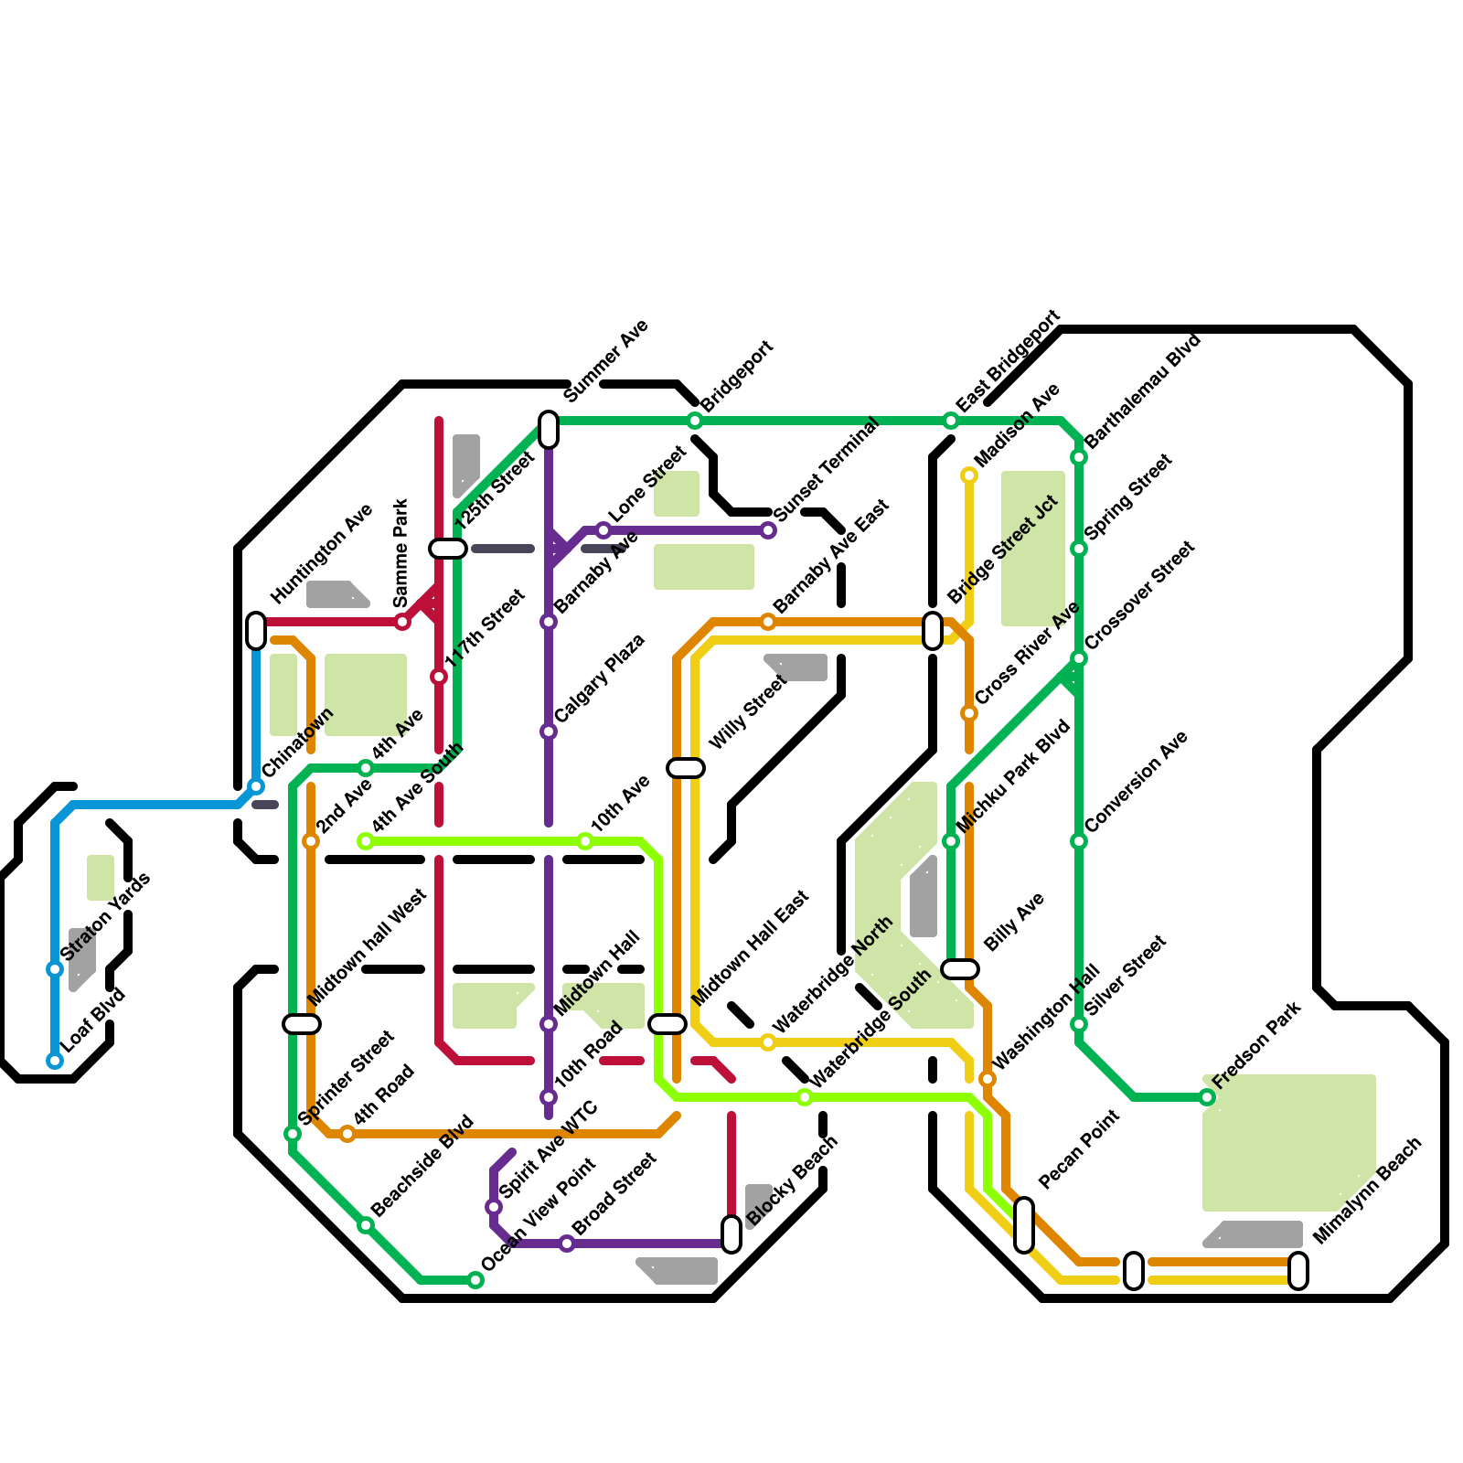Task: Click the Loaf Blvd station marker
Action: [55, 1061]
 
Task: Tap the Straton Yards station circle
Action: [55, 969]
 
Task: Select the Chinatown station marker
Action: [256, 786]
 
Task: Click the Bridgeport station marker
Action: [695, 421]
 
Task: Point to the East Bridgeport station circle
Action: [951, 421]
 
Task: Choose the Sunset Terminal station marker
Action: [768, 530]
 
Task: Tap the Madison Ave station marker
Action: [969, 475]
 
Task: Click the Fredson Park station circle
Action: [1207, 1097]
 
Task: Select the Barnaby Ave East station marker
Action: [768, 622]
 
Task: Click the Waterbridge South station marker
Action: [805, 1097]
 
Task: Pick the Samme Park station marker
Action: [402, 622]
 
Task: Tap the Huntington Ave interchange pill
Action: [256, 631]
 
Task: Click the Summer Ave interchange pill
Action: [549, 430]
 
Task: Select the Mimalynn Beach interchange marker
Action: [1298, 1271]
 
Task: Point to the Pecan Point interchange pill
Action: [1024, 1225]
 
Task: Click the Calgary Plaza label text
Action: [600, 678]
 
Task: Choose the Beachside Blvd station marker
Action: [366, 1225]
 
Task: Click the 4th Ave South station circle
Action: [366, 841]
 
